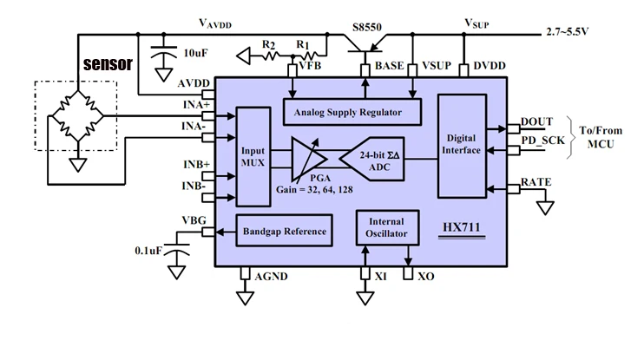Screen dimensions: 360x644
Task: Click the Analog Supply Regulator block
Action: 352,111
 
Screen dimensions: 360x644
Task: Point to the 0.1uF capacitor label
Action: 148,251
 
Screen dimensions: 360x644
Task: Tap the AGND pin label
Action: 271,277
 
